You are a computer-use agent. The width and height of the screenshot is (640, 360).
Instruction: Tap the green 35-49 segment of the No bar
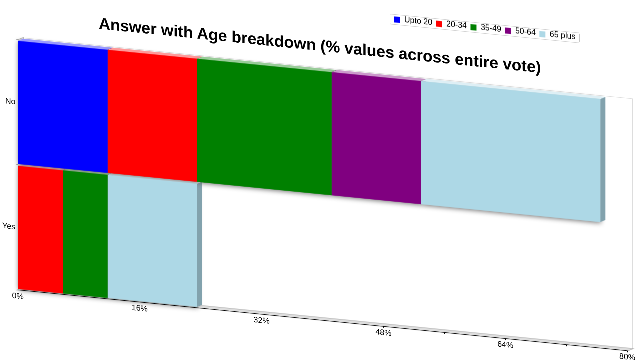(x=265, y=127)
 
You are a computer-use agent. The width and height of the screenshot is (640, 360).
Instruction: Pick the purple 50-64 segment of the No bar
(x=376, y=138)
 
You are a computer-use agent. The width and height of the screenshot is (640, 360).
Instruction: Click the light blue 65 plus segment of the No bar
(x=511, y=151)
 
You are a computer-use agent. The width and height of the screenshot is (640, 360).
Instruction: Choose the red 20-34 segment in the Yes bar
(x=40, y=229)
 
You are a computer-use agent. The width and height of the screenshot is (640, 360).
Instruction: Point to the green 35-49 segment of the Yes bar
(x=85, y=234)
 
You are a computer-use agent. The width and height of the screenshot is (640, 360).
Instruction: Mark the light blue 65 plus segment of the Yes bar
(x=153, y=241)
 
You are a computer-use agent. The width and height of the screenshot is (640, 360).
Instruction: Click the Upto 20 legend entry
(x=413, y=21)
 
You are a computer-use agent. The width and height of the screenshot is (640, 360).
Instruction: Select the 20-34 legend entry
(x=451, y=24)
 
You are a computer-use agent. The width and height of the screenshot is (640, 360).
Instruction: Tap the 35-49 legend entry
(x=486, y=28)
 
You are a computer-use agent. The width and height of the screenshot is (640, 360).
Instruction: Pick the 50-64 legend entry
(x=520, y=31)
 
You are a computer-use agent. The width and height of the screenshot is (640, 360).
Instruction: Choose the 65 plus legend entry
(x=557, y=35)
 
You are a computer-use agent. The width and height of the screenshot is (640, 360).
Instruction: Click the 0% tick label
(x=18, y=296)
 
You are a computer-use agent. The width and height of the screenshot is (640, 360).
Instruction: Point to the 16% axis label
(x=139, y=308)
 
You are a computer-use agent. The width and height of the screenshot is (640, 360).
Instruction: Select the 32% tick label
(x=261, y=320)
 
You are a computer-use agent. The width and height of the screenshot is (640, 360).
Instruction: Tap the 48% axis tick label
(x=383, y=333)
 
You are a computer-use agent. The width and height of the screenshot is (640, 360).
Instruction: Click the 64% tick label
(x=505, y=345)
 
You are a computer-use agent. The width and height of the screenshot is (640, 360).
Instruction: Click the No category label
(x=10, y=101)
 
